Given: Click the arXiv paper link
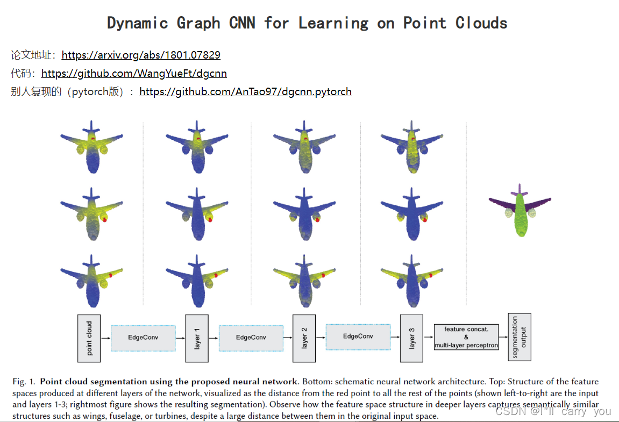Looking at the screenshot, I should [141, 55].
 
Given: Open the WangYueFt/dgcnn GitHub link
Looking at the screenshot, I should [134, 73].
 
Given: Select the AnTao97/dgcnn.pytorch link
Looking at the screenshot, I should [245, 91].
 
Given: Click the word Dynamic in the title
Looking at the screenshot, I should [137, 23].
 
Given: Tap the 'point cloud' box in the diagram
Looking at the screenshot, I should [89, 338].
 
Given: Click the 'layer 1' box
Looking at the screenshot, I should [197, 338].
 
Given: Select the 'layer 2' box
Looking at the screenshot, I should [304, 338].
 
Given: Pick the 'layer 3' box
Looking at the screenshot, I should [411, 338].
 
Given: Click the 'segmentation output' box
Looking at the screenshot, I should [519, 337].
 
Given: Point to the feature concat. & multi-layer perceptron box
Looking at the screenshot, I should [466, 338].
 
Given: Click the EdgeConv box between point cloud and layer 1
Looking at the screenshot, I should [143, 338].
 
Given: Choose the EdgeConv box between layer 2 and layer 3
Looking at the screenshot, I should [358, 337].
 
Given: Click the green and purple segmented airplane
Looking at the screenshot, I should [520, 209].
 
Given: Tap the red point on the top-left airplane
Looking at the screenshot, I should [93, 139].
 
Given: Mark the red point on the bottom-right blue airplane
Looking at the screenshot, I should [431, 275].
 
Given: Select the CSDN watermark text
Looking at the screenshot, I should [553, 411].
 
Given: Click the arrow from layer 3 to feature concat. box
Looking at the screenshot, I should [428, 338].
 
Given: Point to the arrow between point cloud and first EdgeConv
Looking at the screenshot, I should [105, 338].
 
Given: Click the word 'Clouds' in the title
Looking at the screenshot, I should [481, 23].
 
